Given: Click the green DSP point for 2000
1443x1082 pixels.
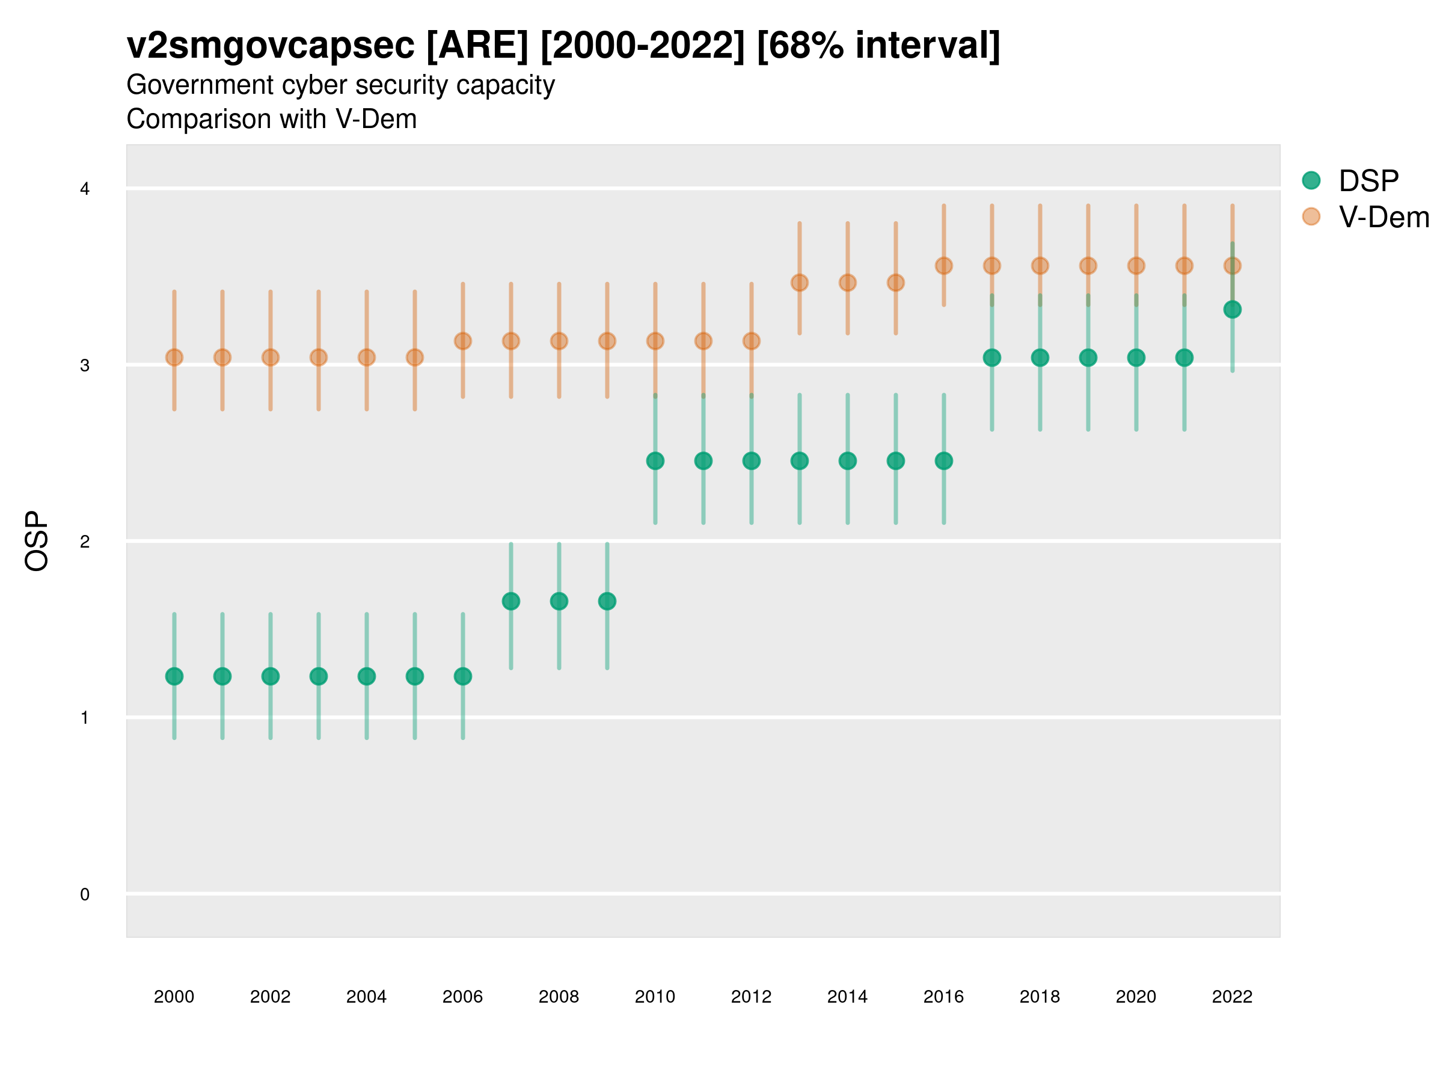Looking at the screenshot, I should [x=174, y=676].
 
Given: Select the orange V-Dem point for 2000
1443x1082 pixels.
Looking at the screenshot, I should [x=174, y=358].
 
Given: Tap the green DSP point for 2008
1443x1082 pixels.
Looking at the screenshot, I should [x=559, y=601].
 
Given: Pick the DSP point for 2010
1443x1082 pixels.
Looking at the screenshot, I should [x=655, y=461].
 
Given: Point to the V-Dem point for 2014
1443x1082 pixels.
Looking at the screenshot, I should [x=847, y=283].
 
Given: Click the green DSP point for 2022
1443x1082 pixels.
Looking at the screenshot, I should [x=1233, y=309].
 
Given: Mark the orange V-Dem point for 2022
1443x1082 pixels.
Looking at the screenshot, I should [x=1233, y=266].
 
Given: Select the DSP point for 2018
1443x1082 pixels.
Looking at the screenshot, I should [x=1040, y=358].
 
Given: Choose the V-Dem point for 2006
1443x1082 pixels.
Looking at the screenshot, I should [x=462, y=341].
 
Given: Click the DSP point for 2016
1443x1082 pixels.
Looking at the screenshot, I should [x=944, y=461].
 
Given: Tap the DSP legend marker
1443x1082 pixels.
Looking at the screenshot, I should [x=1311, y=180].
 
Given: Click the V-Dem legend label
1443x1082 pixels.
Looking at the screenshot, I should [x=1383, y=217].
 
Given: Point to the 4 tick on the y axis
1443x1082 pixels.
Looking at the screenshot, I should [x=85, y=189].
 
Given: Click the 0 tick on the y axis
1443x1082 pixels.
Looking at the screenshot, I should [x=85, y=894].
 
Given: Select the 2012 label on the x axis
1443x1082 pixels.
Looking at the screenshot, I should [x=752, y=997].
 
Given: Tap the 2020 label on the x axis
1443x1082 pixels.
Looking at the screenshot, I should [x=1136, y=997].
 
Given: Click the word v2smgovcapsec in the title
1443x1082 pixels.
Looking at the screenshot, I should [x=271, y=46].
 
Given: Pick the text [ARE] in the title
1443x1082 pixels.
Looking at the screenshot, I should [x=477, y=46].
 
